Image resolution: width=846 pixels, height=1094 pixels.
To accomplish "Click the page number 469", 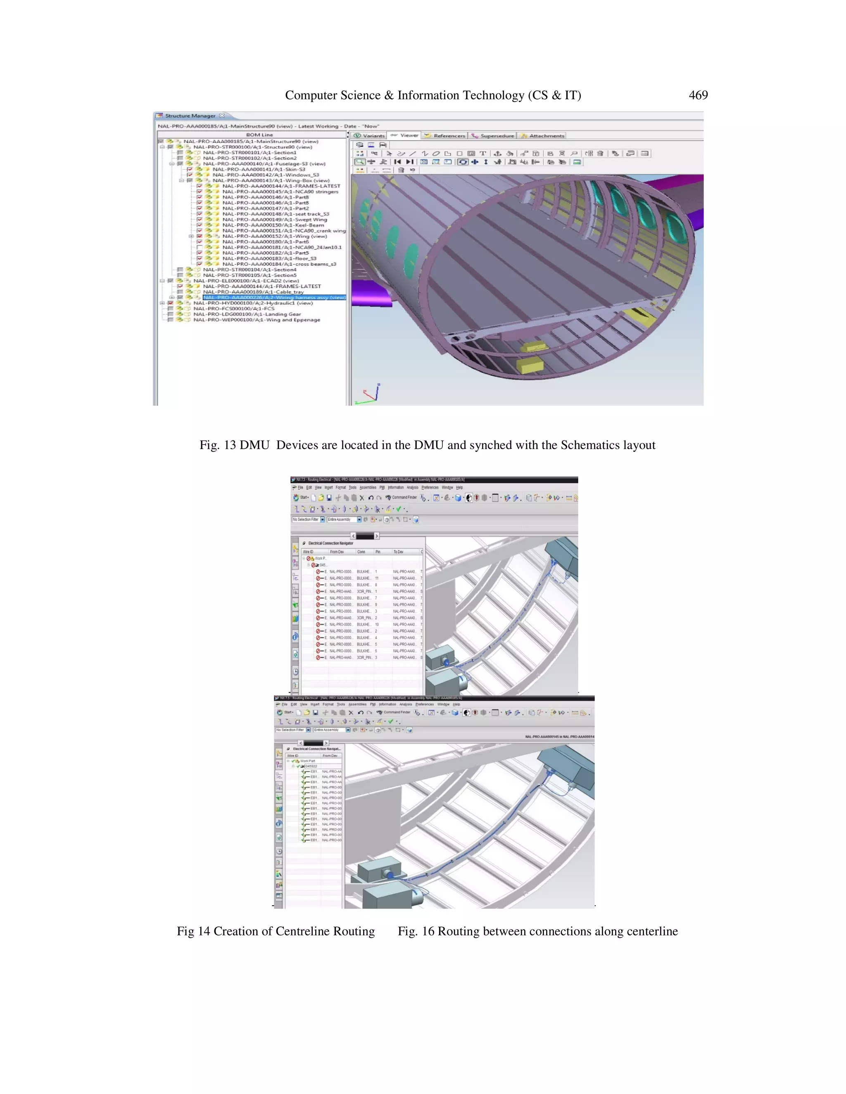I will tap(698, 95).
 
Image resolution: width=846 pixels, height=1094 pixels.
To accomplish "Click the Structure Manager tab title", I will tap(190, 116).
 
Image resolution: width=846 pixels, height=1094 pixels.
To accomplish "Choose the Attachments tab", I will tap(546, 136).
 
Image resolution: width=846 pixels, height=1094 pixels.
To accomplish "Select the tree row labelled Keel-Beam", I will tap(273, 225).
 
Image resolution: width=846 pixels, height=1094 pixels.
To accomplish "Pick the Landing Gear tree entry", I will tap(247, 314).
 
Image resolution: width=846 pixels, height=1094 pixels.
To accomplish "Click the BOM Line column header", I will tap(259, 135).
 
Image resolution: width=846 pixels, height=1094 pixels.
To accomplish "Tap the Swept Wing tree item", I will tap(275, 219).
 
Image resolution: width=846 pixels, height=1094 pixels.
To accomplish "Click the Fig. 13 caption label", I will tap(218, 445).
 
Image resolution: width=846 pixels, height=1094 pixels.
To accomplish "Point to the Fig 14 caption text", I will tap(276, 931).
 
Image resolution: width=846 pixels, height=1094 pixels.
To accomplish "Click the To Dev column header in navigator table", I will tap(399, 552).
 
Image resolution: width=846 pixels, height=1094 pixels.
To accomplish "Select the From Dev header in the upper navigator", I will tap(337, 552).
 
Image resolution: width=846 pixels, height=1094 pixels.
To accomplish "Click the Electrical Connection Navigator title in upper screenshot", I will tap(330, 543).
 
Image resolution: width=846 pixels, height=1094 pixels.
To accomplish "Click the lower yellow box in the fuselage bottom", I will tap(530, 365).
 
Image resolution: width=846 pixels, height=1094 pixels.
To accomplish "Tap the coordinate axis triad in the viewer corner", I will tap(369, 395).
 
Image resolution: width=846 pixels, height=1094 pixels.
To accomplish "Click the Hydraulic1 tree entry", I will tap(253, 303).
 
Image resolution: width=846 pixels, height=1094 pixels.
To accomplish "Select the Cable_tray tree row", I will tap(253, 292).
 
